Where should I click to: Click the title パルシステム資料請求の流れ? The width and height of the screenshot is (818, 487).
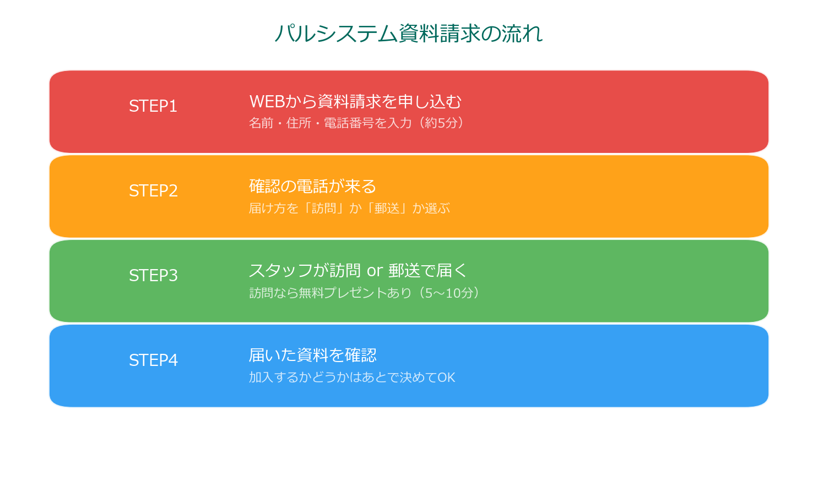point(409,34)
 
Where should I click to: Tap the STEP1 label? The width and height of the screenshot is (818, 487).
point(153,106)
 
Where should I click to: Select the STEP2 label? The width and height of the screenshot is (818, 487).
point(153,191)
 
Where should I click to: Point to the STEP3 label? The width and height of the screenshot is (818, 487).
point(153,276)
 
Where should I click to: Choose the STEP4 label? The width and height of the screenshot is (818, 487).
point(153,360)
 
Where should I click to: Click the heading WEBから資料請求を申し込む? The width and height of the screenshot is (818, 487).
point(355,102)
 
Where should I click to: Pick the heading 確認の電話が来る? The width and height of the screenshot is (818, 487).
point(312,187)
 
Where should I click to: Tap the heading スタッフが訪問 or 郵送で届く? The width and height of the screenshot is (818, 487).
point(358,271)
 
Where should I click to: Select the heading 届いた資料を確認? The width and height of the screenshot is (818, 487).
point(312,355)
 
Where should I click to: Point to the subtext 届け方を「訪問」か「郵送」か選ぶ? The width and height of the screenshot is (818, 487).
point(349,208)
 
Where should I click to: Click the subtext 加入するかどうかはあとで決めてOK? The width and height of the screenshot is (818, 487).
point(352,377)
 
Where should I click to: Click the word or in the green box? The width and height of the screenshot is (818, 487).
point(375,271)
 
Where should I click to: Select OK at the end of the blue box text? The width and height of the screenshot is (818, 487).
point(446,377)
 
